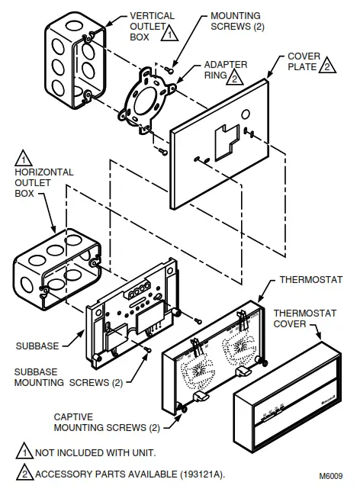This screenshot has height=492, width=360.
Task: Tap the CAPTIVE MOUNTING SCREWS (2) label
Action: pyautogui.click(x=107, y=422)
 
